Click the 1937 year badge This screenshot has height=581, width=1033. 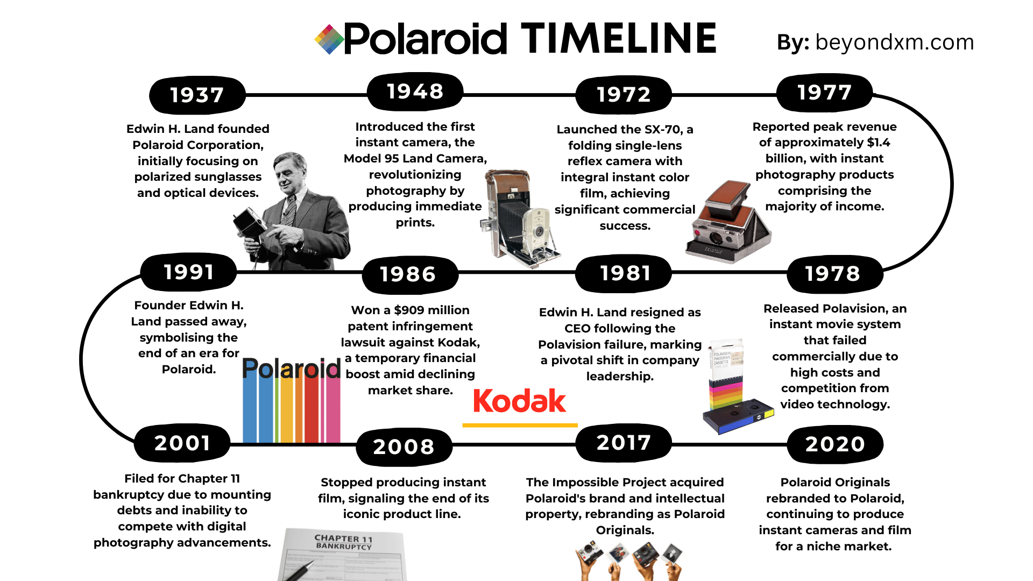[197, 95]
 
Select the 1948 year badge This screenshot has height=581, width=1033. [415, 91]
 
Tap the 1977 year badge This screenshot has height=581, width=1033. [824, 93]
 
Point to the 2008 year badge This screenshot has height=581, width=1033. [404, 447]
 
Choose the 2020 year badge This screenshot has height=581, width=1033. [835, 444]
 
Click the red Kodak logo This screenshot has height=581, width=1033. [520, 401]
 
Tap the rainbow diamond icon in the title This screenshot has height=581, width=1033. [329, 39]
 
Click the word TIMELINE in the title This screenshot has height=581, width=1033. [619, 38]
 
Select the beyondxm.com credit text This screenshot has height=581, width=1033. [895, 42]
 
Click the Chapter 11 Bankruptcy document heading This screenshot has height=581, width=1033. [343, 542]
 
